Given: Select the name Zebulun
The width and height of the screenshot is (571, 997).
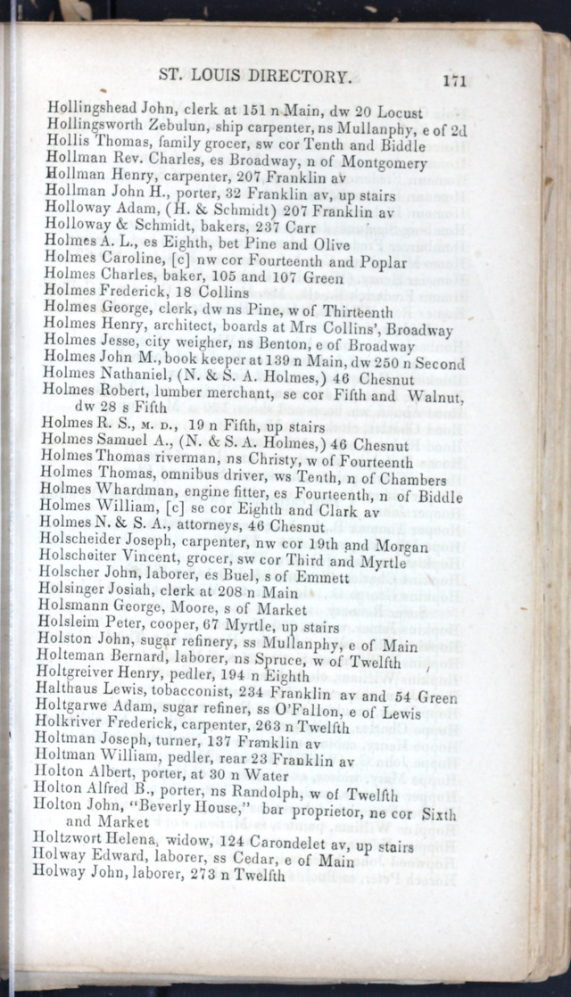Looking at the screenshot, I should pyautogui.click(x=180, y=126).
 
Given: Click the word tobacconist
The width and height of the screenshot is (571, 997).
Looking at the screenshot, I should pyautogui.click(x=174, y=693).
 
